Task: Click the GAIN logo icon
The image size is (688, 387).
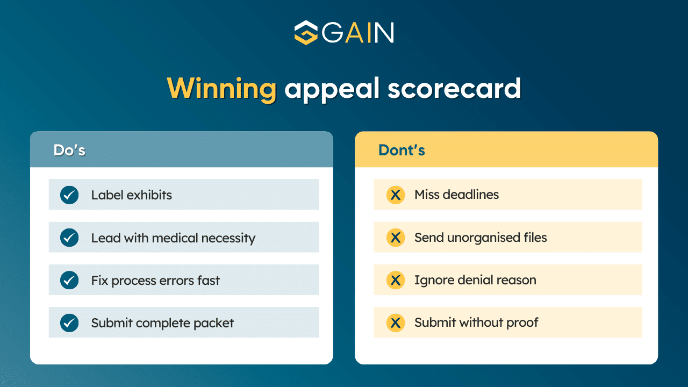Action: coord(306,33)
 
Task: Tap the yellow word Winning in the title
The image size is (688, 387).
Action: coord(222,89)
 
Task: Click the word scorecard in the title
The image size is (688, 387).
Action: coord(454,89)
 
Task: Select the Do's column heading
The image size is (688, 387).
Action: coord(69,150)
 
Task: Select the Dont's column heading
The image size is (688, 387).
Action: coord(402,150)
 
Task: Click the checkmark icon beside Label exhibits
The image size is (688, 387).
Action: coord(69,195)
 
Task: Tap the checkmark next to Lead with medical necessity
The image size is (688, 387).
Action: coord(69,238)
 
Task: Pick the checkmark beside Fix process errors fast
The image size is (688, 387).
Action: coord(69,281)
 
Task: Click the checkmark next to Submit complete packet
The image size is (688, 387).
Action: coord(69,323)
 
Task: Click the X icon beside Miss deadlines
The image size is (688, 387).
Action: coord(396,195)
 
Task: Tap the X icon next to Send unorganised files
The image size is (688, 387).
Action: coord(396,238)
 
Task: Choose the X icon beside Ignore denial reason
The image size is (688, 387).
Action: coord(396,281)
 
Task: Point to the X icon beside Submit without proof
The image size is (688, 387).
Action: coord(396,323)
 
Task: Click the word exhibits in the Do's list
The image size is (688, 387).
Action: coord(149,195)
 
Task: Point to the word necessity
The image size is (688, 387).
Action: coord(228,239)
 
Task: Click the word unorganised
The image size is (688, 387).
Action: coord(483,238)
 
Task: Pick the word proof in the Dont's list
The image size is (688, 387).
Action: coord(522,323)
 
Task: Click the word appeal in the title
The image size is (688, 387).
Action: coord(333,90)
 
